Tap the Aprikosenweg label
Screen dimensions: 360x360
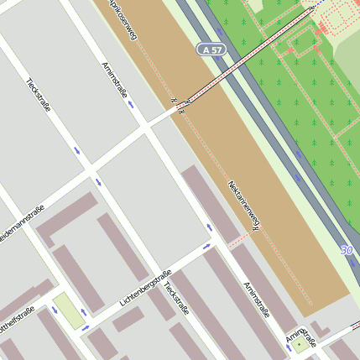(122, 21)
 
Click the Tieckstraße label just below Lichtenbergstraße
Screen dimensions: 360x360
(176, 299)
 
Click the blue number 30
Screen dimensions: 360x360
(347, 250)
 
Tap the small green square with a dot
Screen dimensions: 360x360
(300, 345)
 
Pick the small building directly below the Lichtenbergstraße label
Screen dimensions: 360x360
(128, 318)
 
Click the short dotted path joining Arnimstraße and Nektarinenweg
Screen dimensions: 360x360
(238, 241)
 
